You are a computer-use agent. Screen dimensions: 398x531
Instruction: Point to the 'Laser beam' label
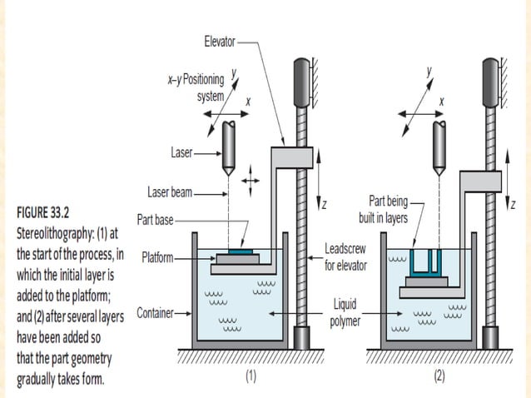click(x=171, y=192)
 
